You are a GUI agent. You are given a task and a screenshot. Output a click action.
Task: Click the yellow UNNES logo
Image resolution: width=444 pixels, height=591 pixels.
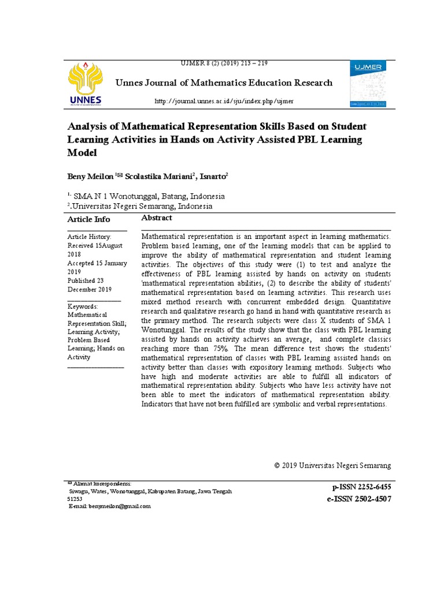(85, 84)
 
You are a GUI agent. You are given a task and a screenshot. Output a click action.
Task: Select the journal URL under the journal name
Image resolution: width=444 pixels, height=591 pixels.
(223, 101)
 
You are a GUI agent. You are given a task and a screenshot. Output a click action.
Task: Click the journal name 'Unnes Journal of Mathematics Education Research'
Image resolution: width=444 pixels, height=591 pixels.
(224, 83)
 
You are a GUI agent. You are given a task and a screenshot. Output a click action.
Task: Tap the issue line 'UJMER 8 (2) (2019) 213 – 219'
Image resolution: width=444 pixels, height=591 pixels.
(224, 63)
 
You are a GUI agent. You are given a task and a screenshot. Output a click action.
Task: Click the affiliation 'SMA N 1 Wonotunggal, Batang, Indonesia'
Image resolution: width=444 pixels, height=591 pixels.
(150, 196)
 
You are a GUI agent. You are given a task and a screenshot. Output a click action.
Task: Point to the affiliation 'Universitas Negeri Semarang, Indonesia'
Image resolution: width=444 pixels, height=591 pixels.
(142, 206)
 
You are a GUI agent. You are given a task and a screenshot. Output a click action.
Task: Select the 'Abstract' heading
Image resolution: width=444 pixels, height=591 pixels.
(157, 218)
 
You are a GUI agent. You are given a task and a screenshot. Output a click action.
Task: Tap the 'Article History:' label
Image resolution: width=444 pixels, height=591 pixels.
(90, 237)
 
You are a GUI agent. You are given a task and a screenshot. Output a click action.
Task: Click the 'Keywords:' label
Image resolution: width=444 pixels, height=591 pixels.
(83, 306)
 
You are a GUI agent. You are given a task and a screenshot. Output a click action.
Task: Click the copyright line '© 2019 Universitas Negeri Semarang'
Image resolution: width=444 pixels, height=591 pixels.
(332, 465)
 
